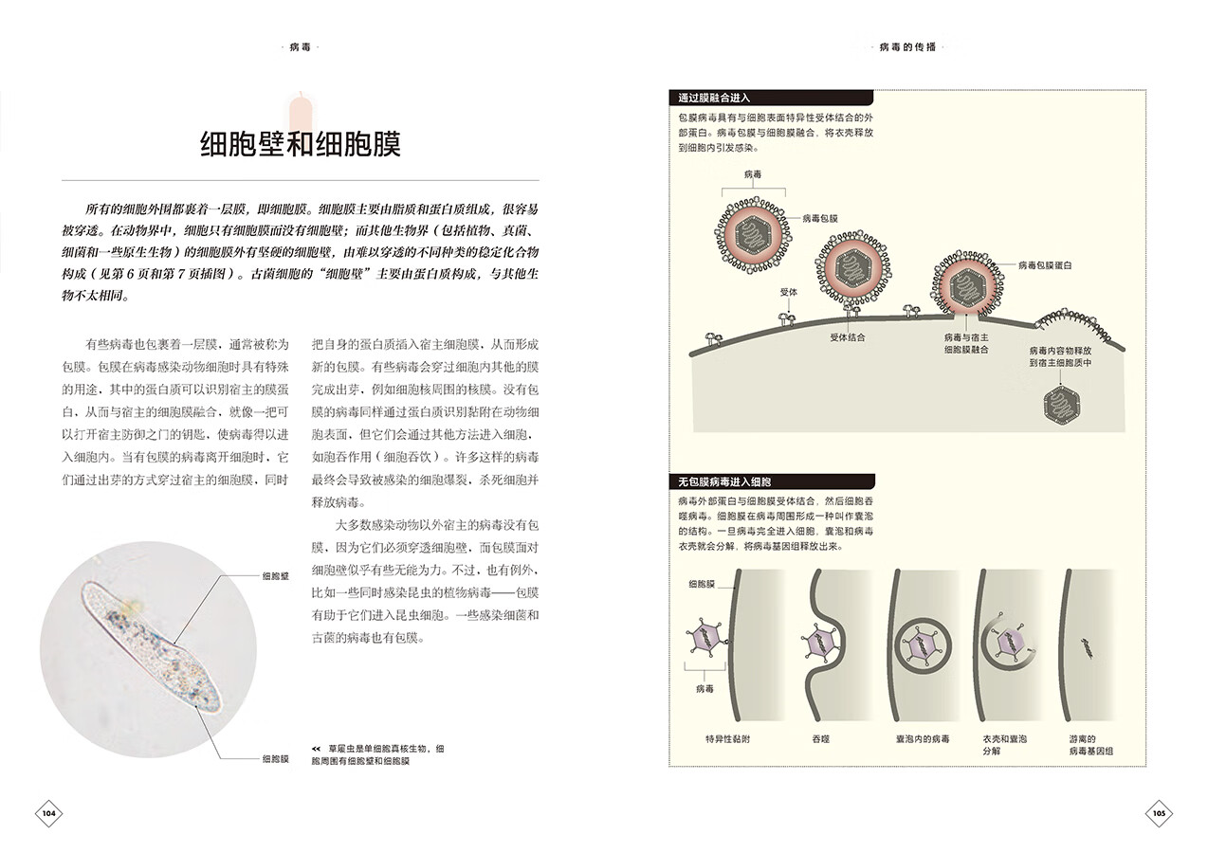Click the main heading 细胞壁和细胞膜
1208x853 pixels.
pos(301,143)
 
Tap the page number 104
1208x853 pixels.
pos(49,813)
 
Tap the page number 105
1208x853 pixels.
pos(1158,813)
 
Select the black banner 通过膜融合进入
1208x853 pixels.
pos(716,98)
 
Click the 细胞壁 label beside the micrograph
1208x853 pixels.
pos(275,575)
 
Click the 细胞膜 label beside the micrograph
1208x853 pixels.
pos(275,758)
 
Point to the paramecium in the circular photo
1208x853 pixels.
pos(153,645)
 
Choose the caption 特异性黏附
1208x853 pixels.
pos(727,738)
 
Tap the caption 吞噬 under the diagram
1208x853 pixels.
pos(820,738)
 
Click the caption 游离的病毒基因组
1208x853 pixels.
pos(1090,745)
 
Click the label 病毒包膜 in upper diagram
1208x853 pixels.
pos(820,218)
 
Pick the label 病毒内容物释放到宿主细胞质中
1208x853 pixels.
pos(1061,356)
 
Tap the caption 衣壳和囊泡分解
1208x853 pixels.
pos(1004,745)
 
